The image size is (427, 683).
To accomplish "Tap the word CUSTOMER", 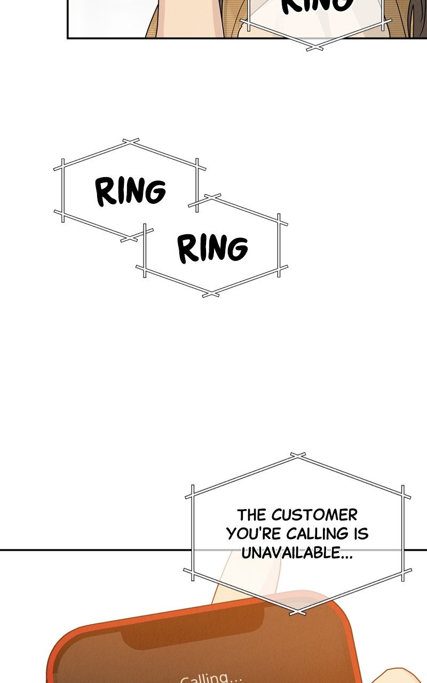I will click(x=314, y=515).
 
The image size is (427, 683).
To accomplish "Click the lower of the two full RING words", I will click(x=212, y=248).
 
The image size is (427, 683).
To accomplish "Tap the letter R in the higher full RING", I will click(x=105, y=192).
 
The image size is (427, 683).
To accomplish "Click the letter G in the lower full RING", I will click(x=237, y=249).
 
